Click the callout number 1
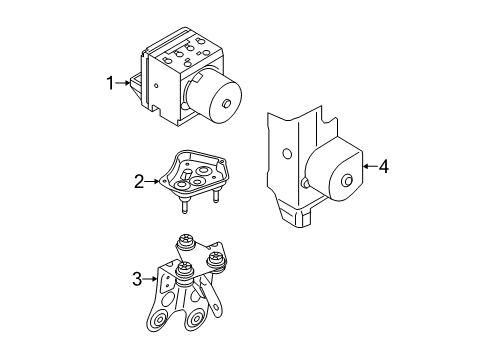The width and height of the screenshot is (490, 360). point(110,83)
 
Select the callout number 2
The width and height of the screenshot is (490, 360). point(139,182)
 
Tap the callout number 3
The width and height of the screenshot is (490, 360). point(137,279)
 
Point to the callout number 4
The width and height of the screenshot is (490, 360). point(384,166)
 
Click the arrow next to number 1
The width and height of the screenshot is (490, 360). point(123,83)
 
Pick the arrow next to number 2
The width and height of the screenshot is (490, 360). point(152,181)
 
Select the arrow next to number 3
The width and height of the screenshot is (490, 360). point(150,279)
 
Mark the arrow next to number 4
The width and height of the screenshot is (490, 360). point(370,166)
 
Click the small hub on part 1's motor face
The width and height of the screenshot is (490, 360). point(227,103)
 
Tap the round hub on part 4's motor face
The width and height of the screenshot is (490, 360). point(347,180)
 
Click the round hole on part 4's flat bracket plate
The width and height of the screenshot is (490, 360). point(286,154)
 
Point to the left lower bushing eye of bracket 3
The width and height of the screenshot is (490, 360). point(160,320)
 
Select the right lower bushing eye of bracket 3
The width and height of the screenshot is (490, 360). point(194,321)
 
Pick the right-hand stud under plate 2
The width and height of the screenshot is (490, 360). point(216,196)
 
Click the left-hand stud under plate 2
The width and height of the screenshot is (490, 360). point(184,205)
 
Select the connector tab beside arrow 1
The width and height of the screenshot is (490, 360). point(135,84)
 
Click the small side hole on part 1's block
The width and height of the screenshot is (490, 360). point(156,86)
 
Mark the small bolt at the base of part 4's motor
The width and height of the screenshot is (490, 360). point(305,183)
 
